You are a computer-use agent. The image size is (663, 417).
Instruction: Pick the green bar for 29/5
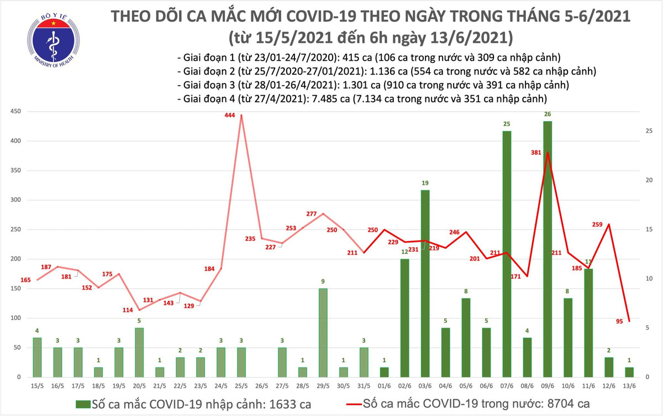coord(323,332)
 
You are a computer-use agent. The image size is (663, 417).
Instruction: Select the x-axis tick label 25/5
coord(241,385)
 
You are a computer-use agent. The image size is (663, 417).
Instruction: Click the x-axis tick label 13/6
coord(629,385)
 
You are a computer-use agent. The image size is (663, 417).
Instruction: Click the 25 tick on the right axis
coord(650,131)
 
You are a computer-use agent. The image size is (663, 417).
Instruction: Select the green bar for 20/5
coord(140,352)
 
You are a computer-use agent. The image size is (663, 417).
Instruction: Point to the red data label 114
coord(127,309)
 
